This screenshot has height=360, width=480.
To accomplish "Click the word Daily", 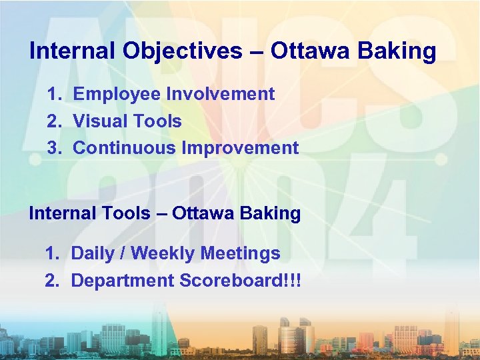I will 93,253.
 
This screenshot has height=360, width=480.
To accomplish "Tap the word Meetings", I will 240,253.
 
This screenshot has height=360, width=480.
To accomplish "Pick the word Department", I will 122,281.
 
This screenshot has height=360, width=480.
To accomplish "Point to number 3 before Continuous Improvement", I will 53,148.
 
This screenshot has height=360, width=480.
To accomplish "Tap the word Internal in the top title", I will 68,51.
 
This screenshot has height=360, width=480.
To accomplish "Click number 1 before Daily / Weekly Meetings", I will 51,253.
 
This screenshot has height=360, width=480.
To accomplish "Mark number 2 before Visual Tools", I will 53,121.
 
